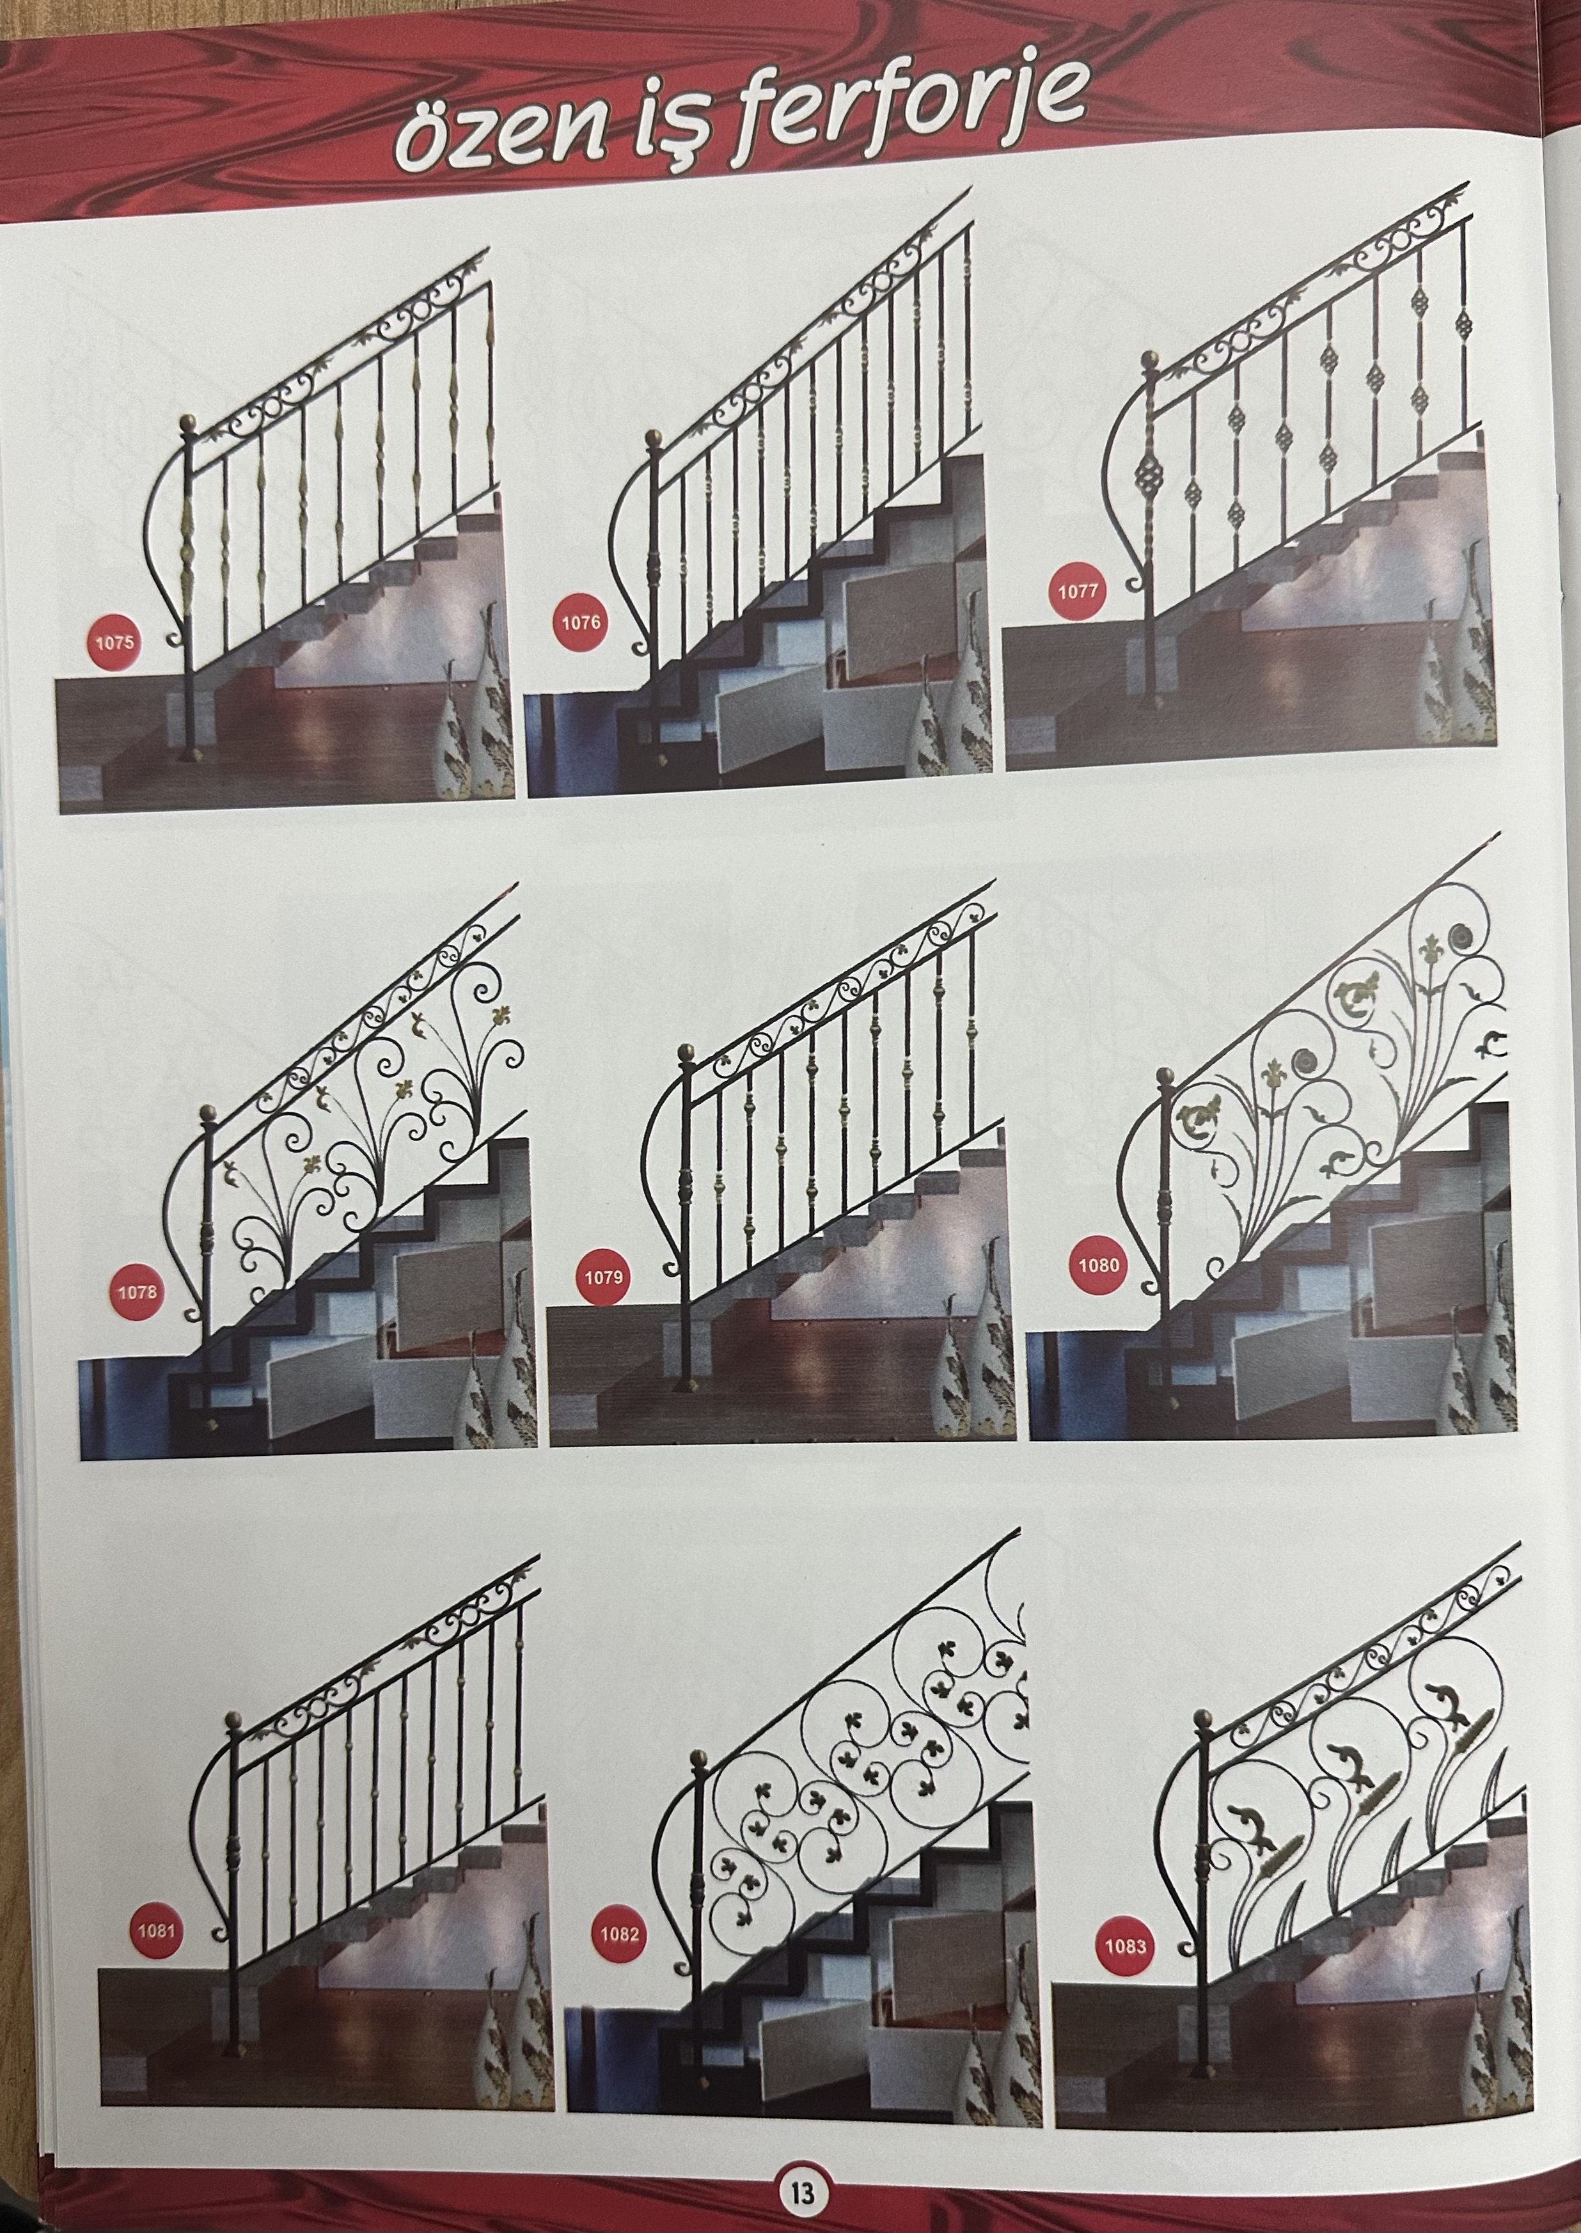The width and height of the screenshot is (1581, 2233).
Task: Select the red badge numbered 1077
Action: point(1078,590)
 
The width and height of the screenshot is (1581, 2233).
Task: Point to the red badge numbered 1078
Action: point(138,1293)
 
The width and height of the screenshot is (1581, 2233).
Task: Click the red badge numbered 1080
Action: point(1099,1265)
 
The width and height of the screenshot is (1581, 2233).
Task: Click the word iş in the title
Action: point(636,127)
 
